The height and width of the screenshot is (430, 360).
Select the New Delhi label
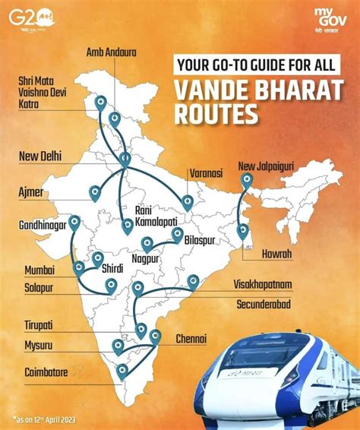pyautogui.click(x=40, y=157)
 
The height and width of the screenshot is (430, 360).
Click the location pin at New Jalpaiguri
pyautogui.click(x=245, y=180)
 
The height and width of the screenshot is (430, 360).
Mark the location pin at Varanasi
pyautogui.click(x=186, y=202)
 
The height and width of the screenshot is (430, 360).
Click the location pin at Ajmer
pyautogui.click(x=95, y=193)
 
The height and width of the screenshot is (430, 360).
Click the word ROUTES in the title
pyautogui.click(x=215, y=114)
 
